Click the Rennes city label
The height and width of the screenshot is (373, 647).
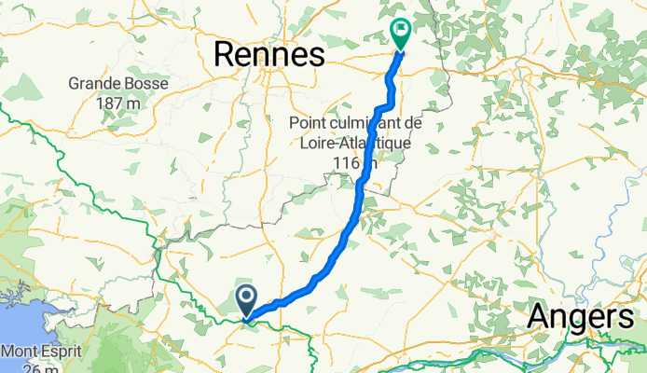[268, 54]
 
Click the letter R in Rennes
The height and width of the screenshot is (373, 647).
[225, 54]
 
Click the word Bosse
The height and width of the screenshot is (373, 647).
[147, 83]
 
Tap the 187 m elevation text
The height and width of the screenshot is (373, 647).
[118, 102]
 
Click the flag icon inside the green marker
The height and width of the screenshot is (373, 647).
[401, 30]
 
